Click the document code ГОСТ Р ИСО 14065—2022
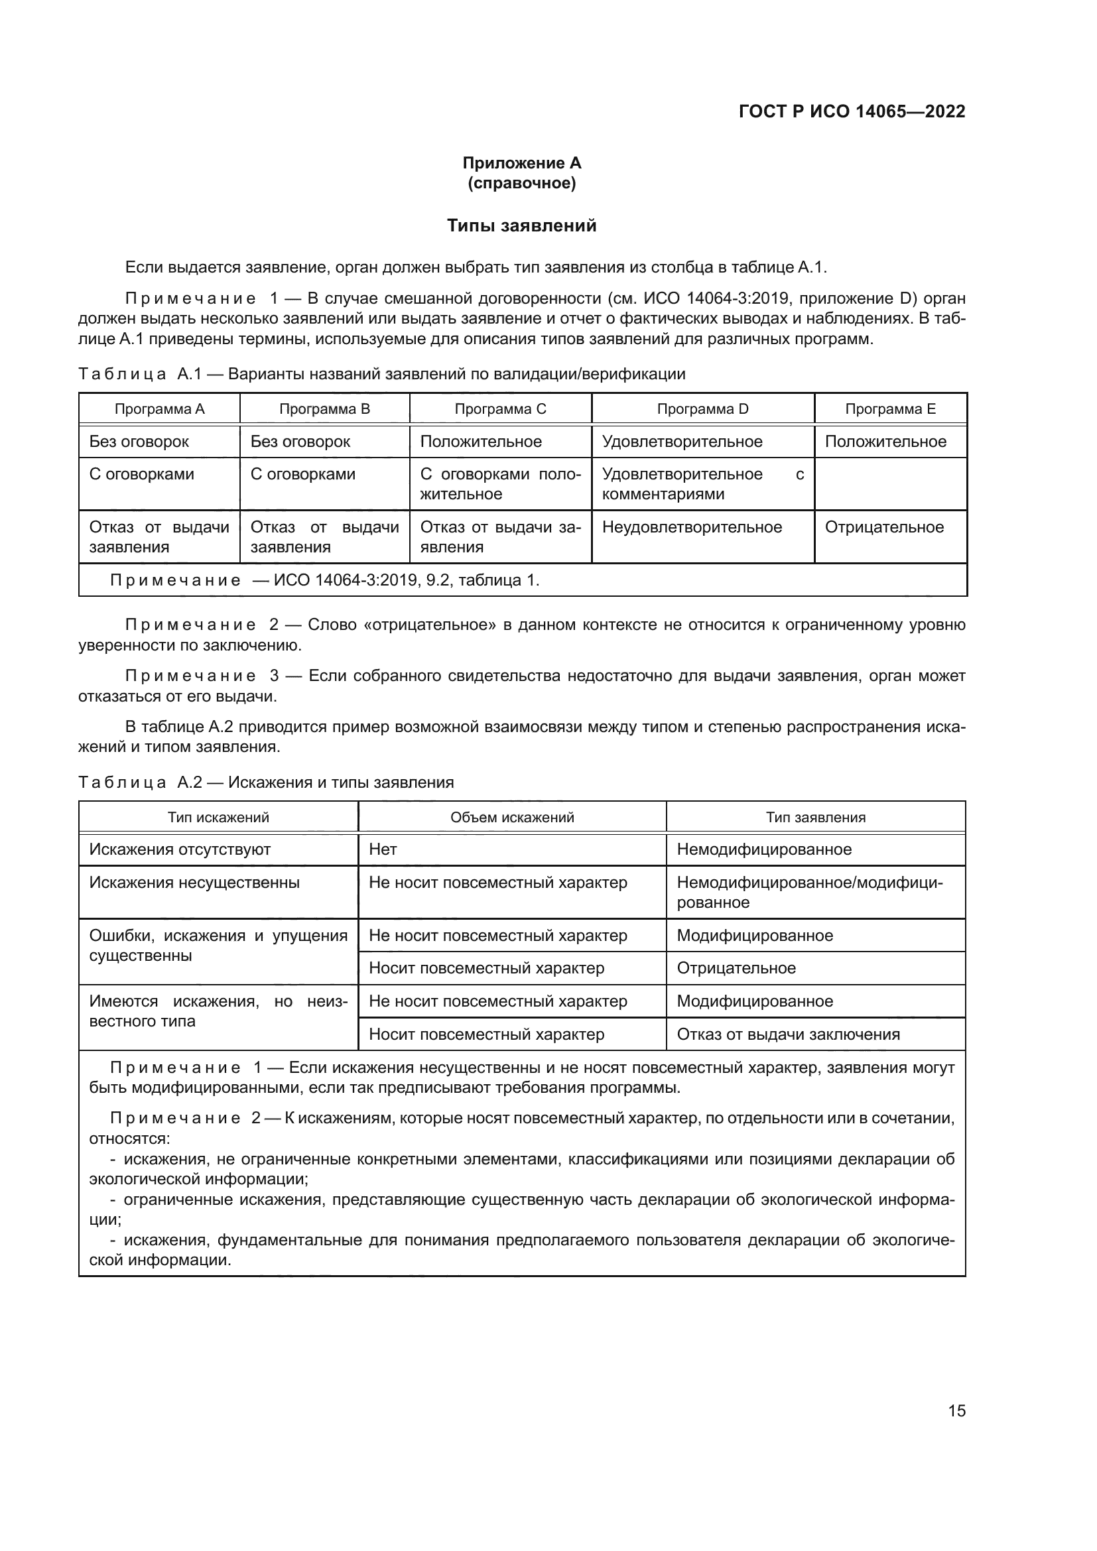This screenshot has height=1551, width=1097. (x=852, y=111)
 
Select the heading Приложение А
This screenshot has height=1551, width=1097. (x=521, y=163)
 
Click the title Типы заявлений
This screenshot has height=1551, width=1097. (x=521, y=225)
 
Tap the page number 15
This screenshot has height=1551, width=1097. (x=956, y=1410)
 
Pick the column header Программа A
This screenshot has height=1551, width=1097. (x=159, y=408)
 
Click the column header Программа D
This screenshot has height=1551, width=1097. (x=702, y=408)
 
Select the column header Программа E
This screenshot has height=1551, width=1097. (x=890, y=408)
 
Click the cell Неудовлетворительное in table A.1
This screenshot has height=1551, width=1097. (x=692, y=527)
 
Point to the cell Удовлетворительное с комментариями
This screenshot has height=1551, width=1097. (x=702, y=483)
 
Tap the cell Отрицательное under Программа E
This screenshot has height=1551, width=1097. (x=884, y=527)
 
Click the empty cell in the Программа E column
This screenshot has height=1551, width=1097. (x=890, y=483)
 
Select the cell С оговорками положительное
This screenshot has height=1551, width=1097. (x=500, y=483)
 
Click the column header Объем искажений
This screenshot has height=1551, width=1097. (x=512, y=818)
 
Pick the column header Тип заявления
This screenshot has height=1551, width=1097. (x=815, y=818)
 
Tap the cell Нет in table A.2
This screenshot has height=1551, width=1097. (x=383, y=850)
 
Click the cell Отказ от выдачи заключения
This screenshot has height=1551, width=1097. (x=789, y=1034)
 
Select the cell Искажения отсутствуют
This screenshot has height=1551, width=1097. (x=180, y=850)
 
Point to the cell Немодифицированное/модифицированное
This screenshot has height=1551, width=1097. (x=809, y=893)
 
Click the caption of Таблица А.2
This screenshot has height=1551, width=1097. (x=265, y=782)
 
